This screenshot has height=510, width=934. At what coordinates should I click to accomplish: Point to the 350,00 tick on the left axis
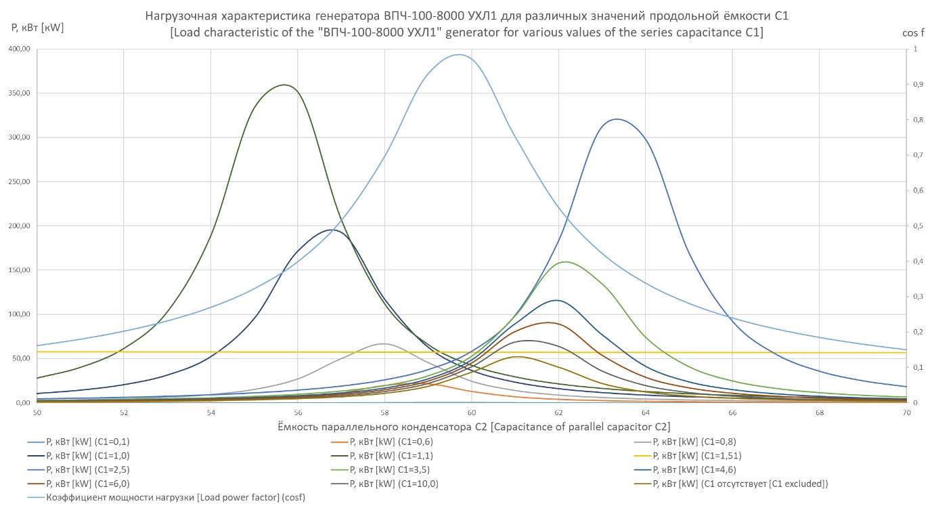click(x=18, y=93)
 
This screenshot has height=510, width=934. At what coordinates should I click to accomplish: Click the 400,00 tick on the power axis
click(x=18, y=49)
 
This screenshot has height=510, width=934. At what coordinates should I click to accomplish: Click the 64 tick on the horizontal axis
click(x=645, y=412)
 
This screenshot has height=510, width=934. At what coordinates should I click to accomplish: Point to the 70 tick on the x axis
click(x=906, y=412)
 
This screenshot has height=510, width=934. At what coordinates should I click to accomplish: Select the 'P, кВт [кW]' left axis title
click(x=38, y=28)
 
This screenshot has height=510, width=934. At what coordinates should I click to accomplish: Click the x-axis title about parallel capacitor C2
click(x=474, y=427)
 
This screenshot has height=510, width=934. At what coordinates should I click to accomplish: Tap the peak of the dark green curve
click(x=284, y=85)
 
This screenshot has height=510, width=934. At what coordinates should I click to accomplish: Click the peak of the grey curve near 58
click(x=383, y=344)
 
